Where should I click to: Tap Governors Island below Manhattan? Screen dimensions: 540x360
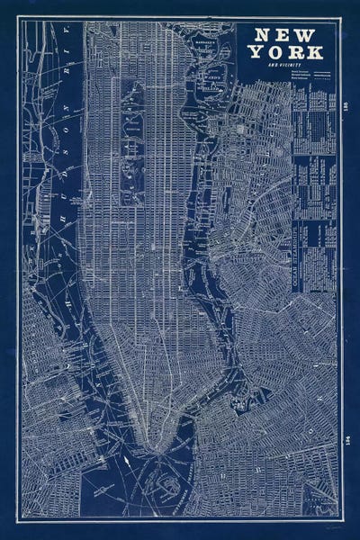coord(167,487)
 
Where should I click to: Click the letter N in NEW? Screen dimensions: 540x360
coord(263,35)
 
